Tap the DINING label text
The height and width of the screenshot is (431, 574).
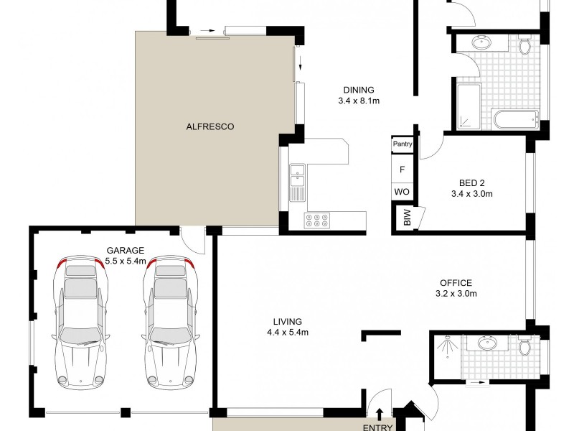[x=359, y=90]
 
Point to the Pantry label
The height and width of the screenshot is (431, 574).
[x=403, y=144]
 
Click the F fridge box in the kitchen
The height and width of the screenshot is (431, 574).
[x=403, y=170]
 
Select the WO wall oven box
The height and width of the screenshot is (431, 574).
[x=403, y=193]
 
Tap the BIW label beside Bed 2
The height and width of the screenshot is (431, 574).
[x=408, y=218]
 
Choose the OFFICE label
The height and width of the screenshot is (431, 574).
[x=456, y=283]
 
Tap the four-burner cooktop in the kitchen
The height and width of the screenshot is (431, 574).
[x=317, y=220]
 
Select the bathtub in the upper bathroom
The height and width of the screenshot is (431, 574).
[x=514, y=119]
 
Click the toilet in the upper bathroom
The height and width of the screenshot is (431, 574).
[x=524, y=47]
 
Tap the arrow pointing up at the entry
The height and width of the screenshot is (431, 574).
[x=380, y=413]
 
